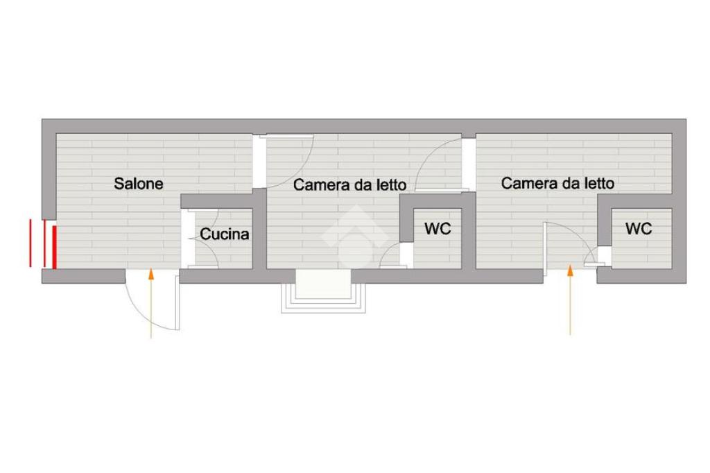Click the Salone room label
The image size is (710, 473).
tap(139, 184)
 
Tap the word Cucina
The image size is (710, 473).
tap(225, 234)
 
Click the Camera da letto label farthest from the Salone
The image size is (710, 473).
tap(557, 183)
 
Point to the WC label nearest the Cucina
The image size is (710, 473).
tap(438, 229)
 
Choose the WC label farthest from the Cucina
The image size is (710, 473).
tap(639, 229)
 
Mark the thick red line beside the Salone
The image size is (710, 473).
tap(54, 246)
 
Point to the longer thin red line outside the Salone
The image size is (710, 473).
tap(31, 243)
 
